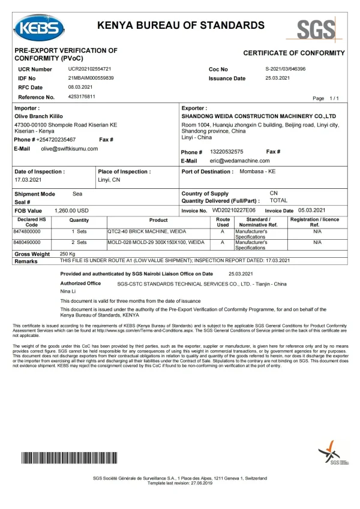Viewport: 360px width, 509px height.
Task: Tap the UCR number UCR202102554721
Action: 89,70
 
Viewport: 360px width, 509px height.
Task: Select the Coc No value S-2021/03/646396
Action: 285,70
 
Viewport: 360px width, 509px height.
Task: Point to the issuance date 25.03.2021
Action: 278,79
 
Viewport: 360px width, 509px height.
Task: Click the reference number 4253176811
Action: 82,97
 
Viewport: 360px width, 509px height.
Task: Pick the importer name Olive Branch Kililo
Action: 38,116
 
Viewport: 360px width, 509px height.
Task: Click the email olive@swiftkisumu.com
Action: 69,148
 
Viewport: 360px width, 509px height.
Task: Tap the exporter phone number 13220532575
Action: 226,152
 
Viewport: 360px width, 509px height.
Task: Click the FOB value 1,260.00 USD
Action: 71,210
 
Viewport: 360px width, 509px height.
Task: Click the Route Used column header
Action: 223,222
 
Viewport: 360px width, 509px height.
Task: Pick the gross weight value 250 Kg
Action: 68,254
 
